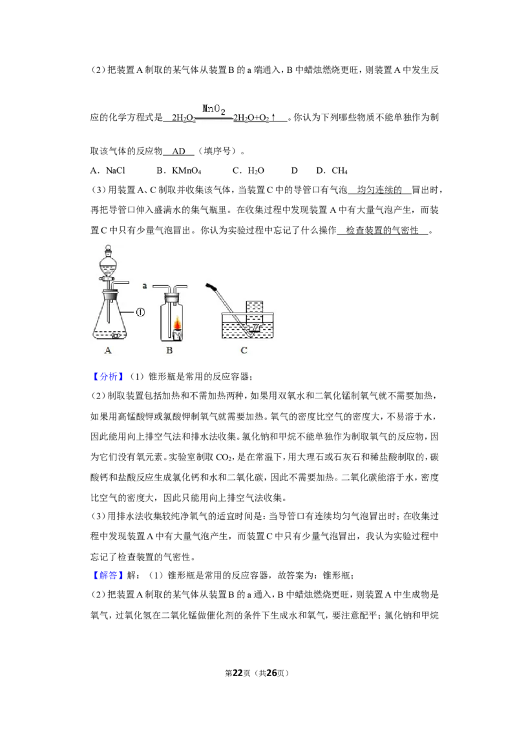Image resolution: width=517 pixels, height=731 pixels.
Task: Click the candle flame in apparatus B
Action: point(178,323)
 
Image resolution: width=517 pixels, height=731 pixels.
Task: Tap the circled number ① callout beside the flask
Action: point(140,313)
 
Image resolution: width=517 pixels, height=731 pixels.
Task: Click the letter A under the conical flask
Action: point(108,350)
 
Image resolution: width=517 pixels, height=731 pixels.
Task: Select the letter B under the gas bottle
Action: point(169,350)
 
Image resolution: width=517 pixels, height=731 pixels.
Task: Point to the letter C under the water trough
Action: point(244,350)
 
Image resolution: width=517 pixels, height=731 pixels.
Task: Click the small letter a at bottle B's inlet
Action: point(145,285)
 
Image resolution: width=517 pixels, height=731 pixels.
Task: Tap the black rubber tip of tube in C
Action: point(211,285)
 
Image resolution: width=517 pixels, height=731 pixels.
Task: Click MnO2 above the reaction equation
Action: point(214,110)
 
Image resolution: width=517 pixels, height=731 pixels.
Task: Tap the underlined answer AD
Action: point(179,151)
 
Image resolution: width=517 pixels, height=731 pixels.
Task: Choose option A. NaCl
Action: point(108,170)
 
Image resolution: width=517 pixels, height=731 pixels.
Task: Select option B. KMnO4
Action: point(179,170)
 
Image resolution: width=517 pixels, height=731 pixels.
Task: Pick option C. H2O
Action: point(248,170)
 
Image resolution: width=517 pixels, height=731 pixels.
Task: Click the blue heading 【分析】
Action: point(108,376)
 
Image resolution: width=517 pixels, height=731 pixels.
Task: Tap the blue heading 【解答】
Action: point(108,575)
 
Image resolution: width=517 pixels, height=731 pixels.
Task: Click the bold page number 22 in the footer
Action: point(238,673)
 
